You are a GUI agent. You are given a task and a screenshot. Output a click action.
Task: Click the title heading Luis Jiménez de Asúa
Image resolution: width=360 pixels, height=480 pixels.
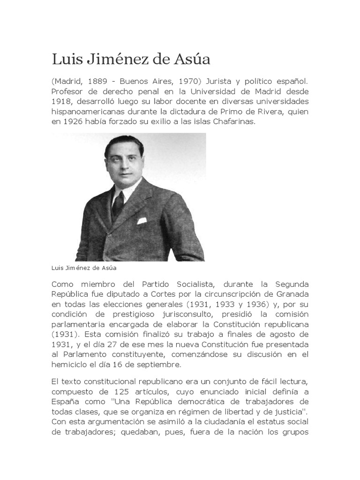(131, 60)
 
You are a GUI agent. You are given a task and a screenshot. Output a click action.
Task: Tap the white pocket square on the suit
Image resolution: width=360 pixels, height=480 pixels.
(142, 220)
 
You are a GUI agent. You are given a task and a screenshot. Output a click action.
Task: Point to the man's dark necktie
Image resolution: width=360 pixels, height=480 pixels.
(118, 204)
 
